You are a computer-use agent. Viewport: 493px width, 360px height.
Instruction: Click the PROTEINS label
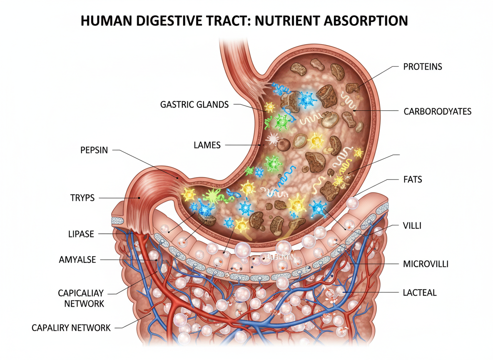pyautogui.click(x=423, y=67)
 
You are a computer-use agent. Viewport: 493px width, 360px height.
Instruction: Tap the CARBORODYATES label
pyautogui.click(x=437, y=111)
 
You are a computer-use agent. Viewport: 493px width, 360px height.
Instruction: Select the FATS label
pyautogui.click(x=413, y=180)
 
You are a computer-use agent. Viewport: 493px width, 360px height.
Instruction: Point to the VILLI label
pyautogui.click(x=413, y=225)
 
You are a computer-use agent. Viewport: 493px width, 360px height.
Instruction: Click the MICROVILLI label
pyautogui.click(x=426, y=264)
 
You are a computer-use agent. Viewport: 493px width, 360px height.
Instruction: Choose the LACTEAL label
pyautogui.click(x=420, y=292)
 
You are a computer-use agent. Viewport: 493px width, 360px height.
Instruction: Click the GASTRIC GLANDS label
pyautogui.click(x=194, y=104)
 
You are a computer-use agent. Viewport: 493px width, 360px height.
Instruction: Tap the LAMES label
pyautogui.click(x=207, y=145)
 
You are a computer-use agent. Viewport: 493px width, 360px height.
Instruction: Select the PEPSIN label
pyautogui.click(x=94, y=150)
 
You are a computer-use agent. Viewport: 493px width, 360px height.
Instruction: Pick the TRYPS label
pyautogui.click(x=82, y=198)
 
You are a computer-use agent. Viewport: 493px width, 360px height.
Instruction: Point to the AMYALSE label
pyautogui.click(x=78, y=260)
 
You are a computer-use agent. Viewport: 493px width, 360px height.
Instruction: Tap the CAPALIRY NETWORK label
pyautogui.click(x=71, y=328)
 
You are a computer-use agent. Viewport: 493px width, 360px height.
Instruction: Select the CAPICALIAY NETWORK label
pyautogui.click(x=84, y=298)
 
